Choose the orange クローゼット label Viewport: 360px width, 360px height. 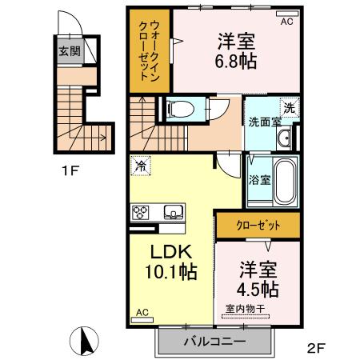point(257,225)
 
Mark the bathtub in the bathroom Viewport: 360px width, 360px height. point(284,181)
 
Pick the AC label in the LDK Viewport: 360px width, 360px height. point(142,312)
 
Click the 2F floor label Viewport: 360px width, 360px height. point(317,347)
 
